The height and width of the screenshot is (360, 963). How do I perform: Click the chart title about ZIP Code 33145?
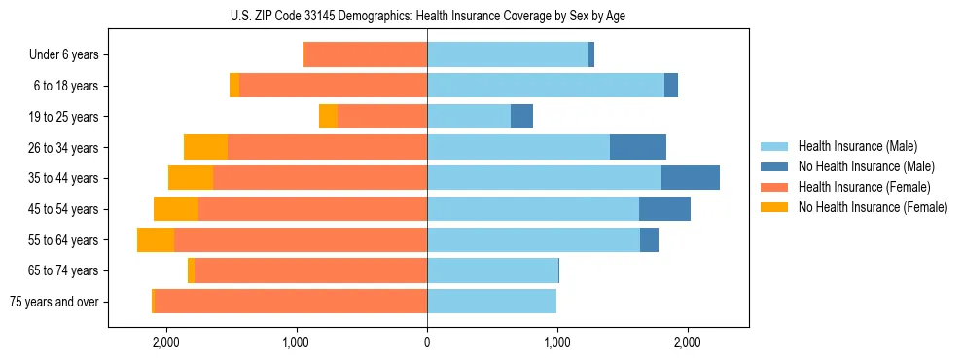click(427, 16)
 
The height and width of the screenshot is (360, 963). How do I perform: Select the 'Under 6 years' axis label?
click(64, 55)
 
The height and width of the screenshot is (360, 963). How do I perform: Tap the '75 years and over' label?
click(54, 302)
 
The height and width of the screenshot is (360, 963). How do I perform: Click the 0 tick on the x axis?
click(427, 342)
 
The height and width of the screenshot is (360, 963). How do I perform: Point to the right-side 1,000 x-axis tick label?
click(557, 342)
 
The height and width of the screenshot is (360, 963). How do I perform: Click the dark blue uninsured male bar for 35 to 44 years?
click(691, 178)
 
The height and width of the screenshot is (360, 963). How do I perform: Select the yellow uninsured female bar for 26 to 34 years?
click(205, 147)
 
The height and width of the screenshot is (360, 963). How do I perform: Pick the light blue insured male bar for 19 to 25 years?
click(469, 117)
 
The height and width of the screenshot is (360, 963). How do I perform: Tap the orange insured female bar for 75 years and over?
click(290, 302)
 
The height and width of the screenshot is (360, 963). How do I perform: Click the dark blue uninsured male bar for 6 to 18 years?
click(671, 86)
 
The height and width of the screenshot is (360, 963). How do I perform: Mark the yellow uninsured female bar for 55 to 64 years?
click(156, 240)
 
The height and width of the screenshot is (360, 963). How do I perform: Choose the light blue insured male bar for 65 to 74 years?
click(492, 270)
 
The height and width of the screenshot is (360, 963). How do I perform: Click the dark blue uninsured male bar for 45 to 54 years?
click(664, 209)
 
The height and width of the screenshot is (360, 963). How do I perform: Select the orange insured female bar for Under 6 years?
click(366, 55)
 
